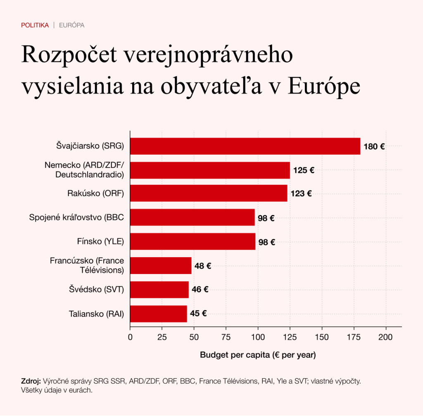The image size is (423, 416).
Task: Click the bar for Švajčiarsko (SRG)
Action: point(245,146)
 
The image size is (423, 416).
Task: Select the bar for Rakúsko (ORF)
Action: point(209,193)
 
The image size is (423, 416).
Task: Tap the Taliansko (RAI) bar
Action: point(159,314)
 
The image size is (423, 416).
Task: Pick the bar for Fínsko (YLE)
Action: point(192,241)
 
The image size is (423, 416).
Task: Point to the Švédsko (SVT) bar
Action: point(159,290)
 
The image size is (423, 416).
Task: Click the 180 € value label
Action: point(374,147)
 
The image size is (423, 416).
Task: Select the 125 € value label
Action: point(304,170)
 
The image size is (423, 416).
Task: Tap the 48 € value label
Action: point(203,266)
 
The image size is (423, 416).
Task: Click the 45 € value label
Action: point(198,314)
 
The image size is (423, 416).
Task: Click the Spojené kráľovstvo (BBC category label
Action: point(76,217)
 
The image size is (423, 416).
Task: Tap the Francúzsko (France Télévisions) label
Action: point(87,265)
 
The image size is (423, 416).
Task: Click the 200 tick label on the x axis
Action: point(386,337)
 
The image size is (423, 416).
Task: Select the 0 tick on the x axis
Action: point(130,337)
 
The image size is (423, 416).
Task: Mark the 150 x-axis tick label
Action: point(322,337)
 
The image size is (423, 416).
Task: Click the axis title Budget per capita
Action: point(258,355)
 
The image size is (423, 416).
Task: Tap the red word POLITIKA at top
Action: point(35,25)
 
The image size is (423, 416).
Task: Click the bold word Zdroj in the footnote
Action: point(31,381)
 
